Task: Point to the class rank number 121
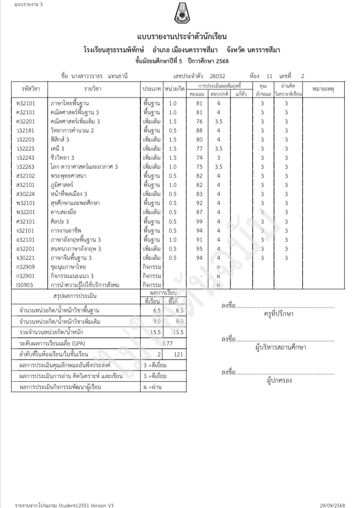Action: (178, 354)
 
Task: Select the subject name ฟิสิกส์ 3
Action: (60, 140)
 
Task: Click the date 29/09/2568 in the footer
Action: (332, 504)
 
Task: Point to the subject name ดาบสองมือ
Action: (65, 212)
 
